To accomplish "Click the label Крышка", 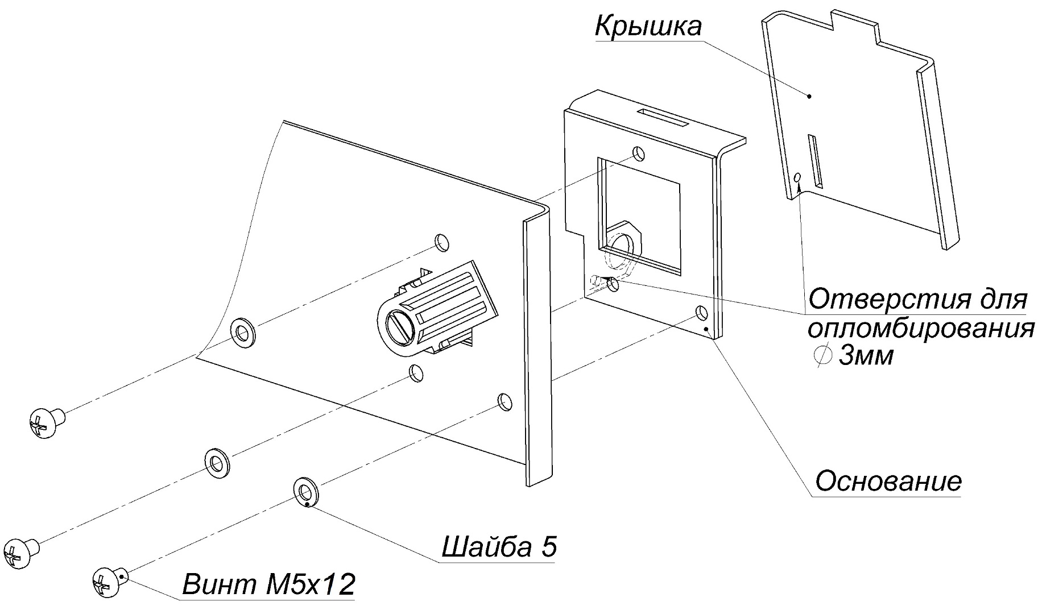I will point(648,26).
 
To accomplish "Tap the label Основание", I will point(888,482).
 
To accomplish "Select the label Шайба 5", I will point(499,547).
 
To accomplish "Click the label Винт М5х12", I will point(268,584).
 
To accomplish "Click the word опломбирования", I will point(920,329).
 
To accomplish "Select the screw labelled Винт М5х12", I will point(107,582).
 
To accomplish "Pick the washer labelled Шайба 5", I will point(305,490).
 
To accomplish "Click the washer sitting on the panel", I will point(242,332).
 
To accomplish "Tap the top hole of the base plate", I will point(639,153).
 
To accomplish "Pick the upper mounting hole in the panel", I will point(441,241).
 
